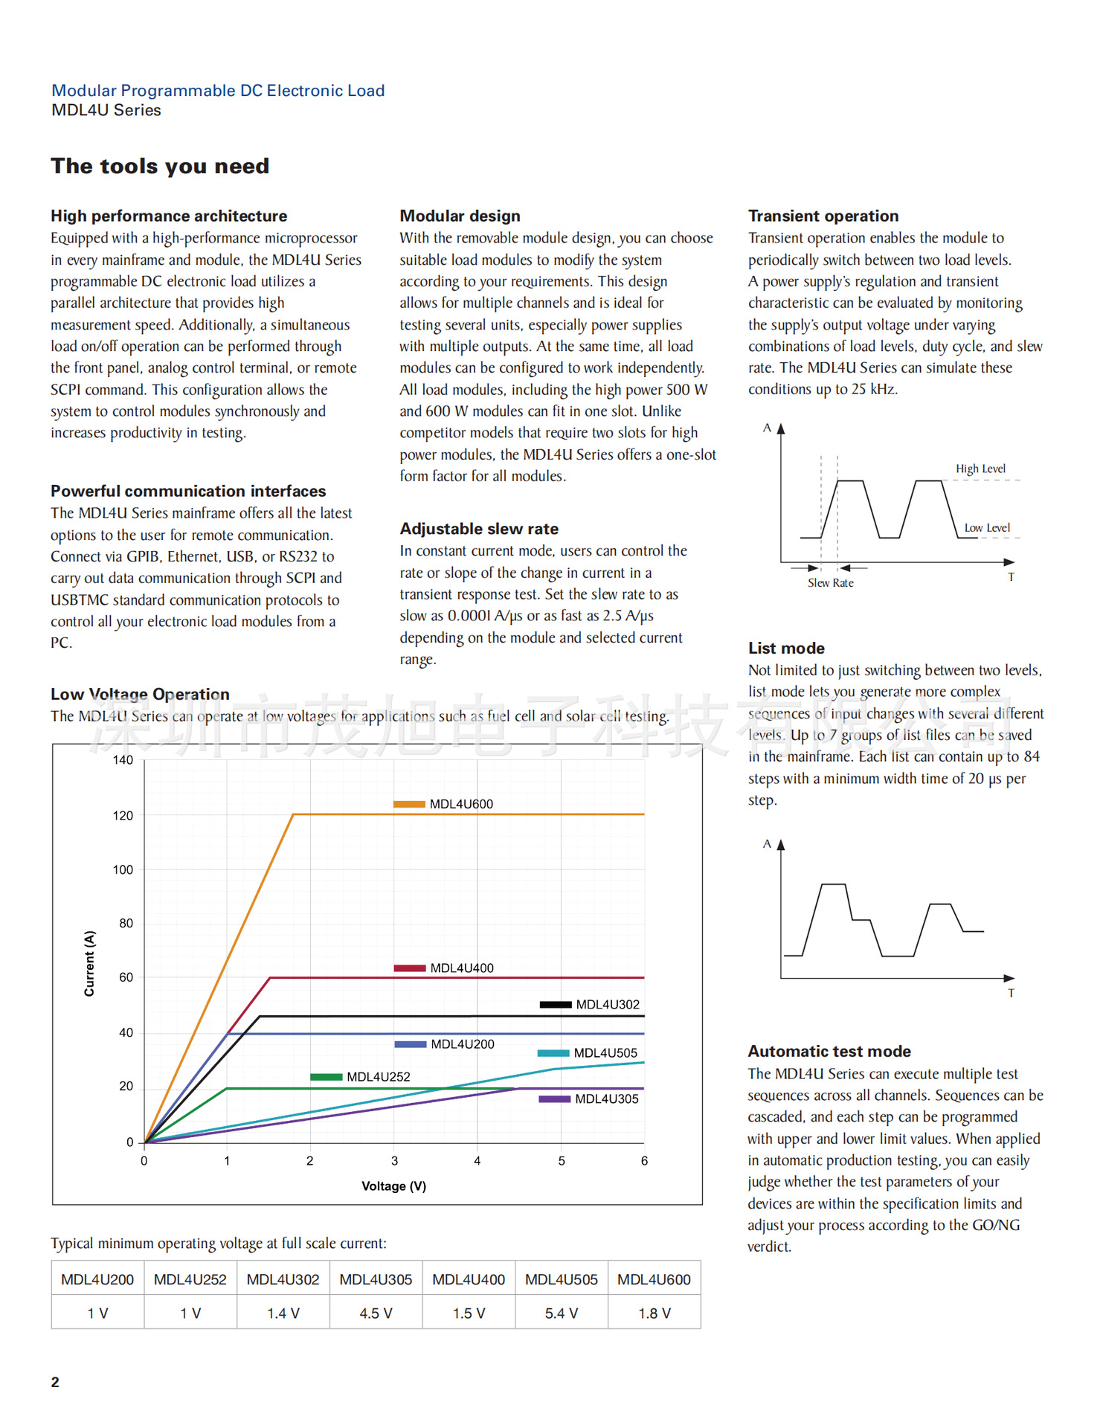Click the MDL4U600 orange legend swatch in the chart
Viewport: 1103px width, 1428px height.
(x=409, y=804)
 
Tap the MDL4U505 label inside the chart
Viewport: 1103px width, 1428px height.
(x=605, y=1053)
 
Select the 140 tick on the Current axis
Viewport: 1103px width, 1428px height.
(x=123, y=760)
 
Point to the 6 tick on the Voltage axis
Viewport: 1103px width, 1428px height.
(x=644, y=1161)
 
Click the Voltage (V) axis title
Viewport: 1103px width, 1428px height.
(x=393, y=1186)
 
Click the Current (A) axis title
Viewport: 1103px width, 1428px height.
(x=89, y=963)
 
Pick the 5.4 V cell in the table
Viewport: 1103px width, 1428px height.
(x=562, y=1313)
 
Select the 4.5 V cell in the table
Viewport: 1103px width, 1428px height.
(x=376, y=1313)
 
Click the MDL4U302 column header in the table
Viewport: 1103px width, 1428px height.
(x=283, y=1279)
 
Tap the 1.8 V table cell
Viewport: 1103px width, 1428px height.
(x=655, y=1313)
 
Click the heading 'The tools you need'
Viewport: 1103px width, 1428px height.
(x=160, y=166)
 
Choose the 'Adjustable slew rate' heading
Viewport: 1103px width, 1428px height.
(x=479, y=529)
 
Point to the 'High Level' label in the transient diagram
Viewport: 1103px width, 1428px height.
(x=980, y=469)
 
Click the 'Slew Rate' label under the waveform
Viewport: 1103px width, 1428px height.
(x=830, y=583)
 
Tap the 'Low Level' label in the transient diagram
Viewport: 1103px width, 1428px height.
(x=987, y=528)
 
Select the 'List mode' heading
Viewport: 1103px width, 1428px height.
(x=786, y=649)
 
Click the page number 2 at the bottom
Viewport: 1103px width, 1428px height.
(x=55, y=1382)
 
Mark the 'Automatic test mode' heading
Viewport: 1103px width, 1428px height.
(x=829, y=1052)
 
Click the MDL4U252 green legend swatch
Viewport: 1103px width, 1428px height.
(x=326, y=1077)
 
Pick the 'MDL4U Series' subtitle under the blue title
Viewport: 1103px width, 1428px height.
(x=106, y=110)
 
